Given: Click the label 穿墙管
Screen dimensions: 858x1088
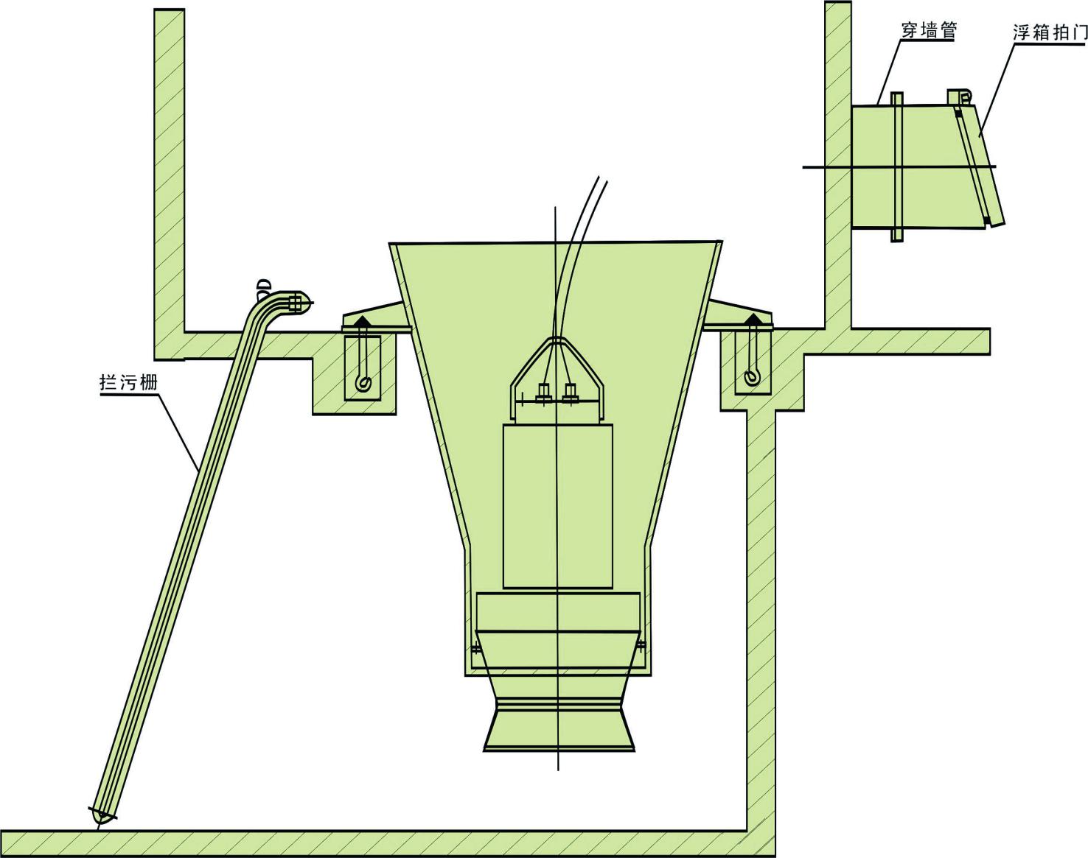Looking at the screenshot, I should pyautogui.click(x=927, y=31).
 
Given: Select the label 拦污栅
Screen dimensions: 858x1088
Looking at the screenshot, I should pyautogui.click(x=128, y=383).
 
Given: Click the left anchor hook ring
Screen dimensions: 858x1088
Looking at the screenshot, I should pyautogui.click(x=363, y=382).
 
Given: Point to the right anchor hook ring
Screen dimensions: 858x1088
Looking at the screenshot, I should pyautogui.click(x=751, y=376).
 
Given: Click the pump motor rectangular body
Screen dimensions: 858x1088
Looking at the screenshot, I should pyautogui.click(x=557, y=505).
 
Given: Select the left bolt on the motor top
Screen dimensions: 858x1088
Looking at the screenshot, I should pyautogui.click(x=543, y=392).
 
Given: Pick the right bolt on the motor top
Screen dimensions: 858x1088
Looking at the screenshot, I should pyautogui.click(x=570, y=392).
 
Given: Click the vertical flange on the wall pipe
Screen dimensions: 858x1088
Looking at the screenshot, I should pyautogui.click(x=896, y=167).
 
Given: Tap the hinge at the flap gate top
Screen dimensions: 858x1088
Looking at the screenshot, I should pyautogui.click(x=959, y=97).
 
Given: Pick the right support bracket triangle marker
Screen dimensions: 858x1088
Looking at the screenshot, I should pyautogui.click(x=753, y=319).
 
